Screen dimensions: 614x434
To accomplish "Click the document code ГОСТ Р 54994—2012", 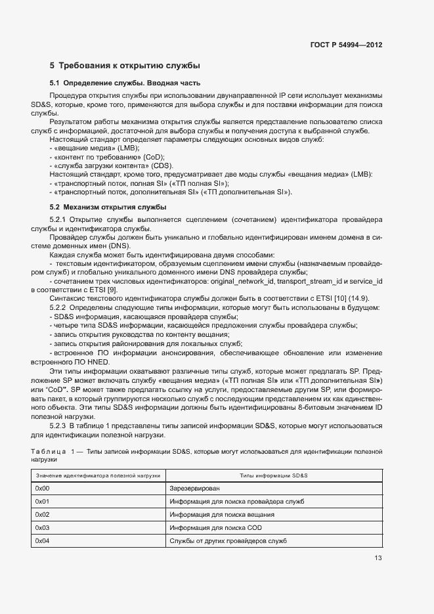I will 346,45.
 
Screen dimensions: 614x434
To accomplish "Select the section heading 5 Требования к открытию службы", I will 125,66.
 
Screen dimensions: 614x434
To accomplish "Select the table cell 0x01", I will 42,502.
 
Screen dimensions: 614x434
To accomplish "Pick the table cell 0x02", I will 42,514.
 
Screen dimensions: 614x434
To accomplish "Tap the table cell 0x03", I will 42,527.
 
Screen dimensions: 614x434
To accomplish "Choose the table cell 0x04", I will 42,540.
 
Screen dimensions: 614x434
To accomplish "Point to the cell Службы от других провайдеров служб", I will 228,540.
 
